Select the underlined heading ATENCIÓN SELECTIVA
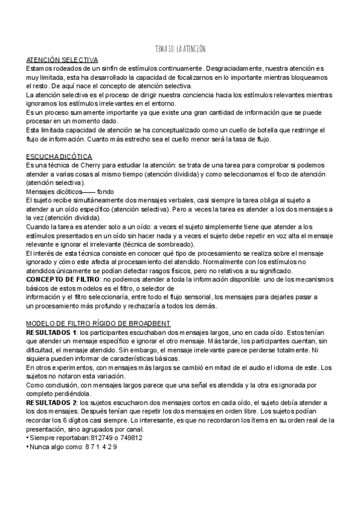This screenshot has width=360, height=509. [62, 60]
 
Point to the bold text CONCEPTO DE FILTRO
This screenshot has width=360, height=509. [64, 279]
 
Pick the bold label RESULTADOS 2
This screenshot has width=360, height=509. [52, 402]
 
